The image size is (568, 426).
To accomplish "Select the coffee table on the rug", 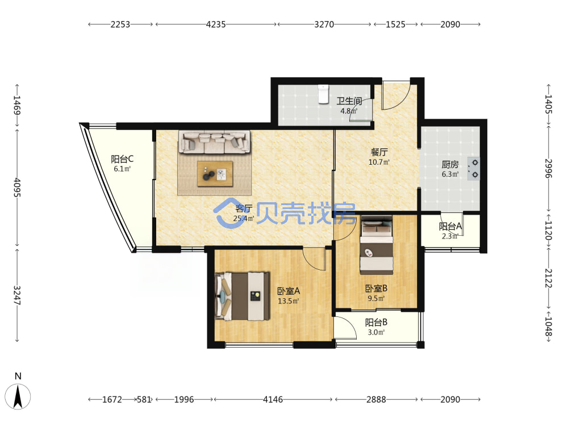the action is coord(215,173).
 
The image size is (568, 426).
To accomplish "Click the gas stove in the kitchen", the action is coord(474,169).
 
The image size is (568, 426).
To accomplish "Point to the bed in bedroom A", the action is coord(243,296).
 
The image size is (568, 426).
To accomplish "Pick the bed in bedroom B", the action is coord(377,245).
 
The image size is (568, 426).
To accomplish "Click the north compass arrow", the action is coord(18,396).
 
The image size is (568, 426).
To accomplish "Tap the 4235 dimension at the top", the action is coord(215,24).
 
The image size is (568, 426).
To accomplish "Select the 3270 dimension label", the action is coord(324,24).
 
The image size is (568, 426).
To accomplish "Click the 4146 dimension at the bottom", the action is coord(273,399).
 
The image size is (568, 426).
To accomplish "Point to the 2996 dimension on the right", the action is coord(549,169).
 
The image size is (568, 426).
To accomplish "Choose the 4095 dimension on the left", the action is coord(17,187).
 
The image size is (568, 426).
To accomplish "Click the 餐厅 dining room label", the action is coord(379,152).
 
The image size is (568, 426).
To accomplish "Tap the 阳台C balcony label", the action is coord(122,159).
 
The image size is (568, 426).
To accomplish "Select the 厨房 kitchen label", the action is coord(450,165).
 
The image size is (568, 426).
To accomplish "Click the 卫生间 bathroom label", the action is coord(349,101).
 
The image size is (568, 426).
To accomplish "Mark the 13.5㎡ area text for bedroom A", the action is coord(289,301).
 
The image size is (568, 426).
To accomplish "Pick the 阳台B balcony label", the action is coord(376,322).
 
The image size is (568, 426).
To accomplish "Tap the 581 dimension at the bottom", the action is coord(144,399).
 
